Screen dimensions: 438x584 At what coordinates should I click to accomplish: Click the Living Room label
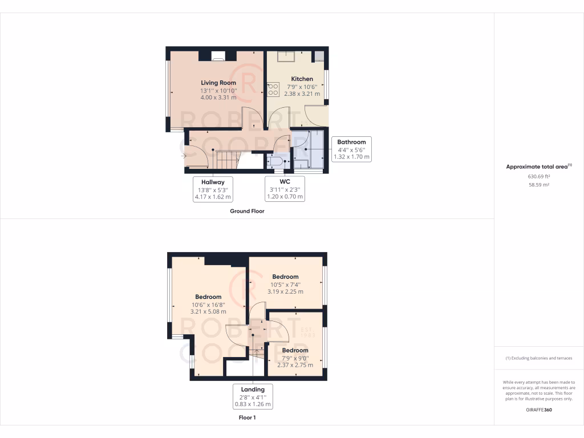click(x=218, y=83)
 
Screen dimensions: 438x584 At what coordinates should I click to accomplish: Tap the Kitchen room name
click(x=302, y=79)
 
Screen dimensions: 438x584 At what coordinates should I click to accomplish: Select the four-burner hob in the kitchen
click(x=273, y=90)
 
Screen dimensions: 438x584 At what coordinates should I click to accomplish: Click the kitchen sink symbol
click(x=286, y=56)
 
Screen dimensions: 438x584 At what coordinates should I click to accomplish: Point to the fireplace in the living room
click(x=218, y=56)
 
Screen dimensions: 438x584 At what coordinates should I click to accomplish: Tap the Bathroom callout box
click(x=351, y=149)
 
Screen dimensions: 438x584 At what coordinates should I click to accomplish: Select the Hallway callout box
click(x=212, y=189)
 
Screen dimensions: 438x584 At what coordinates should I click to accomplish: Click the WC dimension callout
click(x=285, y=189)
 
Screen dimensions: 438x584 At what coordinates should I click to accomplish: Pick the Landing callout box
click(x=252, y=396)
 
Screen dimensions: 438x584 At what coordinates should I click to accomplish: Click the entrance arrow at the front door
click(x=183, y=155)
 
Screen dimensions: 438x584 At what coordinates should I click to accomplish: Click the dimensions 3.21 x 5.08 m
click(x=208, y=312)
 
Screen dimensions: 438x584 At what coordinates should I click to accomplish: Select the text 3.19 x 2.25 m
click(x=285, y=291)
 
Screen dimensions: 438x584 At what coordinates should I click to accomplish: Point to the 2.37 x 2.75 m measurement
click(x=295, y=365)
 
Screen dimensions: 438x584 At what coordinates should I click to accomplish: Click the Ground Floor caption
click(x=247, y=211)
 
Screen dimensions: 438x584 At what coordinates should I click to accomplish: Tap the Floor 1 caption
click(x=247, y=418)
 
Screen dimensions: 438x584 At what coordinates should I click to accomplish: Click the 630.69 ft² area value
click(x=538, y=176)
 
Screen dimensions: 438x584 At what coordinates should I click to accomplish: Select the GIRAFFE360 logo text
click(x=538, y=409)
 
